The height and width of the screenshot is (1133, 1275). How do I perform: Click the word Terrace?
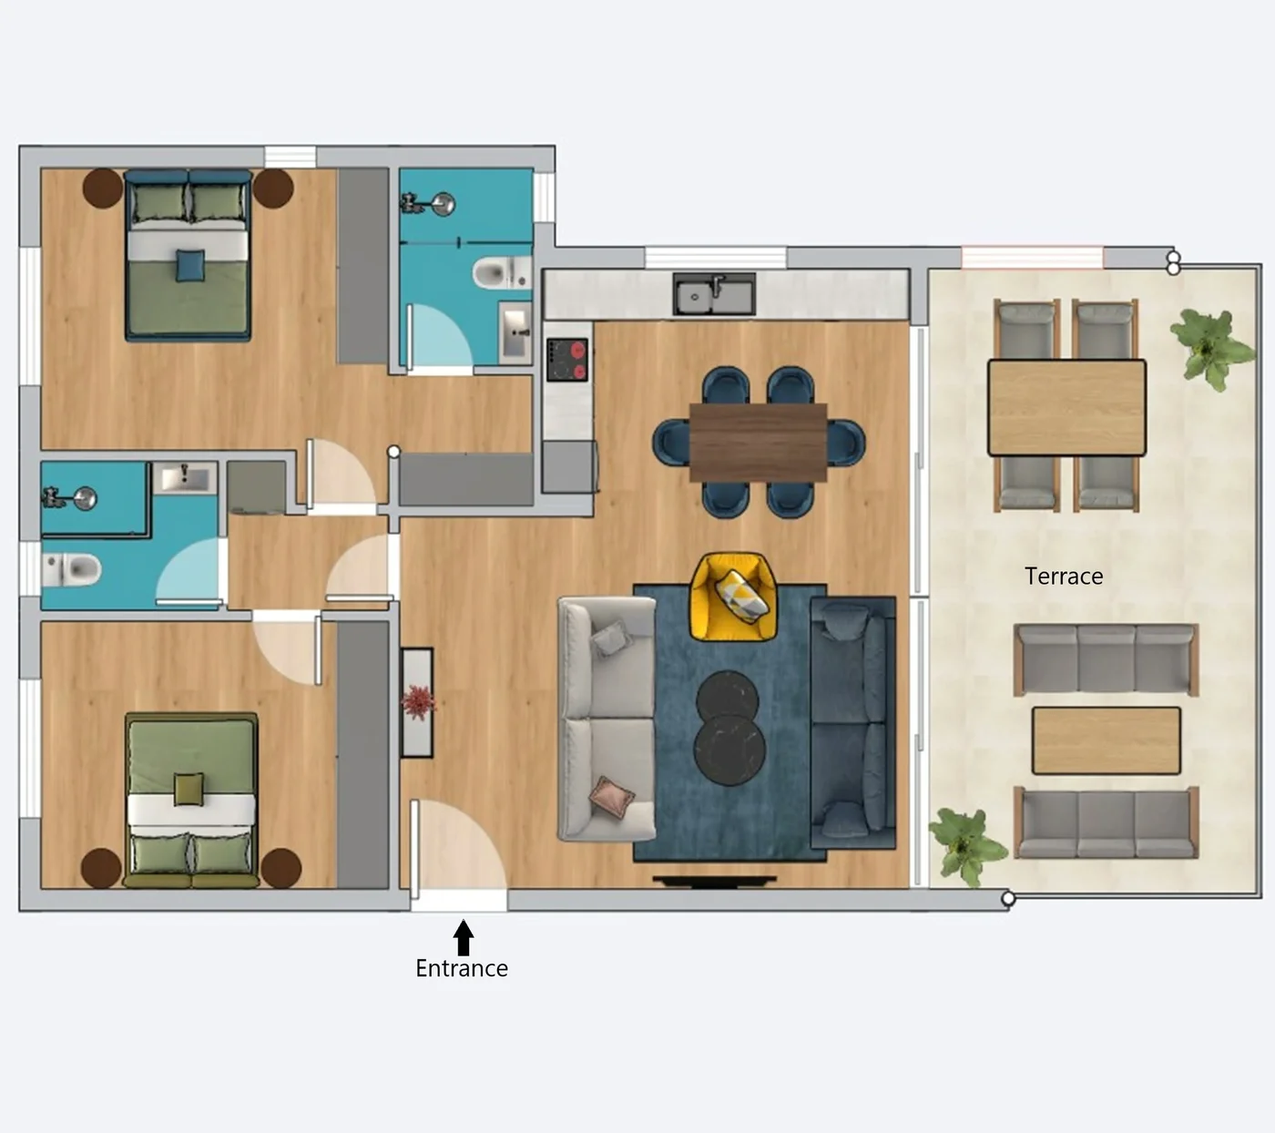tap(1063, 577)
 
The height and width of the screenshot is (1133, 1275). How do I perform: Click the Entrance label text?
tap(461, 968)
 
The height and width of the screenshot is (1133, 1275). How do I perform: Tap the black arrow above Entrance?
tap(464, 937)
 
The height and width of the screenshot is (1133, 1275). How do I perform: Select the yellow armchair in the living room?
tap(733, 597)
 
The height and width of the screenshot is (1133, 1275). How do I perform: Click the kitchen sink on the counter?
tap(714, 294)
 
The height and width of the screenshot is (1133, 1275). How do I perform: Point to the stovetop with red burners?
tap(567, 360)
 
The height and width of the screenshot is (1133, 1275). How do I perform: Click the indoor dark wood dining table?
tap(758, 443)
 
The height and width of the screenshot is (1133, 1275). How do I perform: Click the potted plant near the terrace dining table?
tap(1210, 346)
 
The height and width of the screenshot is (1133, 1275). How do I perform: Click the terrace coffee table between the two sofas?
tap(1106, 740)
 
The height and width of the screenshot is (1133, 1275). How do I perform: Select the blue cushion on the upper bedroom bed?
tap(189, 265)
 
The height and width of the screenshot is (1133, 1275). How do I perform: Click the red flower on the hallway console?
tap(418, 702)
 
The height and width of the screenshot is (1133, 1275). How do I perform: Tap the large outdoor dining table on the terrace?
tap(1066, 407)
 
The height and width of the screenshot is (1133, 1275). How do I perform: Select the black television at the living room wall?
tap(714, 881)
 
